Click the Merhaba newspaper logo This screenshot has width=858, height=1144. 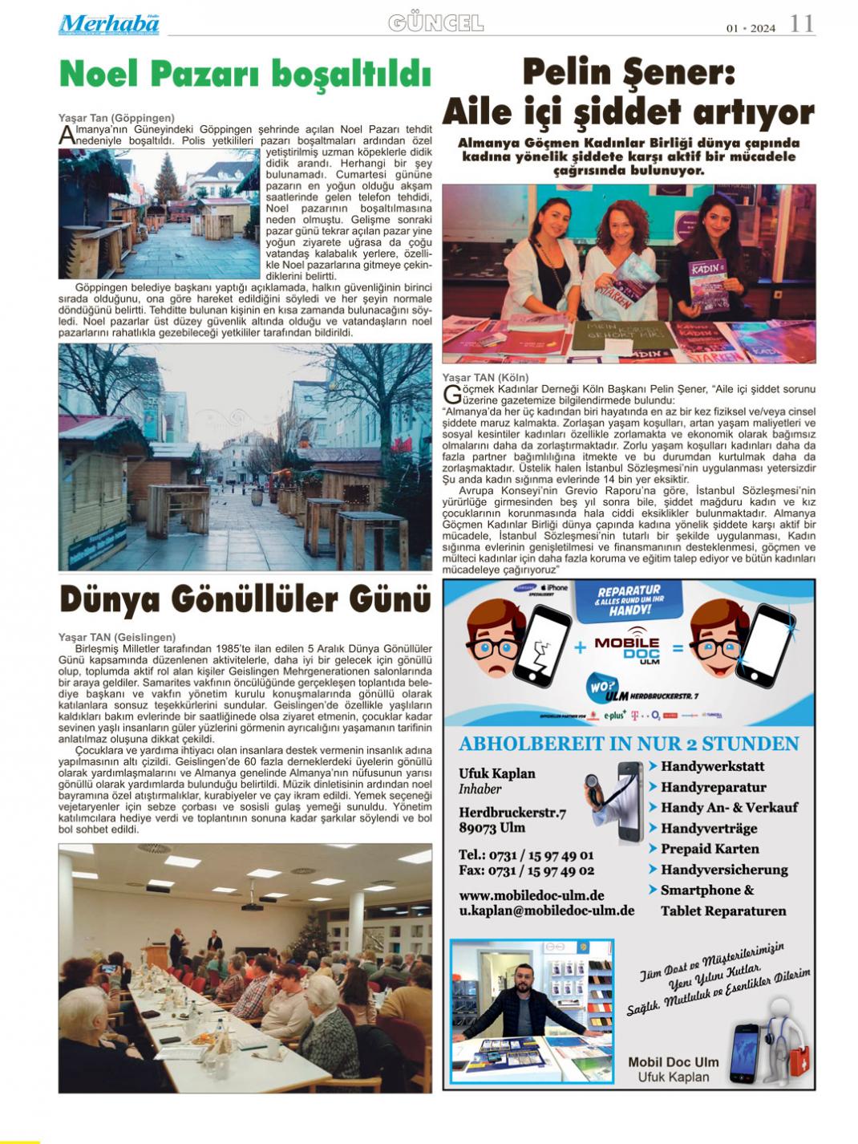click(108, 24)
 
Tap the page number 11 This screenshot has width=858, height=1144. click(802, 24)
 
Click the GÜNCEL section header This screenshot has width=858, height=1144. click(436, 24)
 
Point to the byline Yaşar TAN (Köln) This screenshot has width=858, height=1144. click(486, 378)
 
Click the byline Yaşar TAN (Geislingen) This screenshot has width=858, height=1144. click(117, 637)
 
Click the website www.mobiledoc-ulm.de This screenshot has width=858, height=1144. click(531, 895)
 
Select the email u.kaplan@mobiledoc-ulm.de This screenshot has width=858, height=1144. click(546, 911)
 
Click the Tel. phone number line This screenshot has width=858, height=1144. click(526, 855)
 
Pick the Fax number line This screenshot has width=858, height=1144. click(526, 870)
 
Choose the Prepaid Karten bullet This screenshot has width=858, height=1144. click(709, 849)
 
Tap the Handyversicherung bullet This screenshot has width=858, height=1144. click(723, 870)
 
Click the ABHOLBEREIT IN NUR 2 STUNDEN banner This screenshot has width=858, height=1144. click(629, 744)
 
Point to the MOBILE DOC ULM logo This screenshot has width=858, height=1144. click(627, 648)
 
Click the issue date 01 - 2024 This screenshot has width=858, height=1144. click(751, 29)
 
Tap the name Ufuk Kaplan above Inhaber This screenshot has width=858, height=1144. click(496, 773)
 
